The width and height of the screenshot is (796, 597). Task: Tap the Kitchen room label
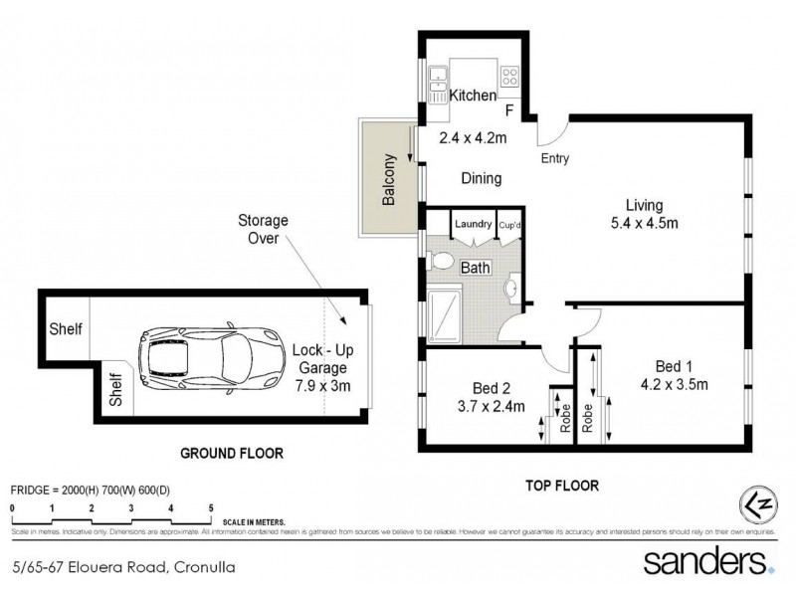point(473,97)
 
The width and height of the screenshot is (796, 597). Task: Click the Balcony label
point(390,180)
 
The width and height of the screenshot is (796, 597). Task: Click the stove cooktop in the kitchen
point(509,75)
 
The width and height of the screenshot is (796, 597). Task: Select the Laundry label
point(474,224)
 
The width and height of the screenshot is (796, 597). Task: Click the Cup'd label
point(511,224)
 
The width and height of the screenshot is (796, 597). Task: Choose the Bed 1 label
point(674,364)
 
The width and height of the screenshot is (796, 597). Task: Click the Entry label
point(555,158)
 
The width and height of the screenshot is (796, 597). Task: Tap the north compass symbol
point(756,503)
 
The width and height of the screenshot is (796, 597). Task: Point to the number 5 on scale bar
point(210,507)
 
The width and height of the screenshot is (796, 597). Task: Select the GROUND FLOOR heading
point(232,453)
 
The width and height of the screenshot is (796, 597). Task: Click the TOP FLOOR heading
point(560,486)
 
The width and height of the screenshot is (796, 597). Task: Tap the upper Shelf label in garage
point(66,329)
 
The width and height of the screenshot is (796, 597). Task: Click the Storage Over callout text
point(262,229)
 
